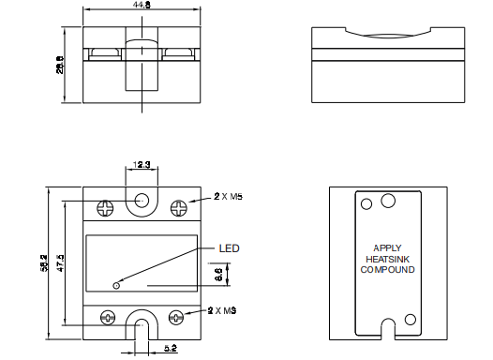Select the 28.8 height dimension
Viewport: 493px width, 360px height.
(x=59, y=65)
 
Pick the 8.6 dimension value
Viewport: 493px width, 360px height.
(x=217, y=276)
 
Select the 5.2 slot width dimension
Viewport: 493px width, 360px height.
(x=169, y=348)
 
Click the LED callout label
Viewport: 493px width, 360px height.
(x=231, y=249)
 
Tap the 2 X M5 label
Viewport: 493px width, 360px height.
(x=228, y=198)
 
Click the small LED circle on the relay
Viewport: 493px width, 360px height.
(x=115, y=285)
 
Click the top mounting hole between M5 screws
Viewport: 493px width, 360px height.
(x=142, y=200)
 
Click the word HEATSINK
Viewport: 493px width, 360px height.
(x=387, y=260)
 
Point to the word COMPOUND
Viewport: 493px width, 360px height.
(x=388, y=270)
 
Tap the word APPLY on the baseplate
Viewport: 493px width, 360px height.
(x=387, y=249)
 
